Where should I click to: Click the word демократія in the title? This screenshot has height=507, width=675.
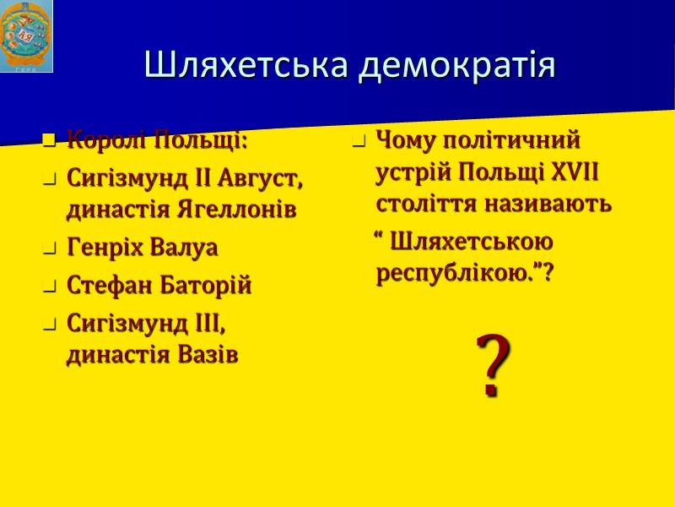(x=456, y=65)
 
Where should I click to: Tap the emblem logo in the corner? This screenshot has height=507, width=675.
(x=26, y=36)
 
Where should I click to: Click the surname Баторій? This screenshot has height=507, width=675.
(x=208, y=286)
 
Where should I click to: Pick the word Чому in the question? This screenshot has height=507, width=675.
(x=408, y=138)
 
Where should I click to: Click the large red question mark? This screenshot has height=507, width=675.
(x=493, y=365)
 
